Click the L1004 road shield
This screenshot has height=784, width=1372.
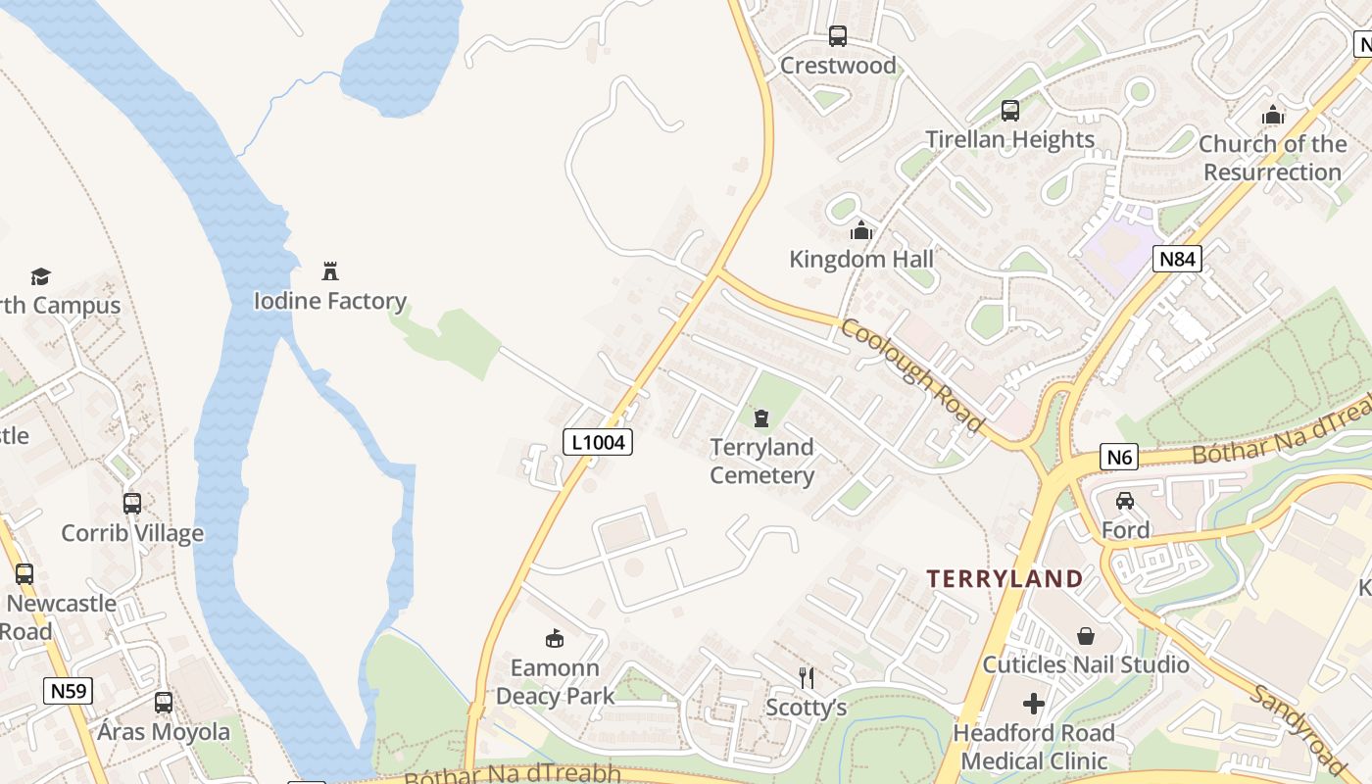pyautogui.click(x=598, y=442)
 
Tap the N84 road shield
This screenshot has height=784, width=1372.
pyautogui.click(x=1176, y=259)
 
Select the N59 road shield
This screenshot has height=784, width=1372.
pyautogui.click(x=69, y=691)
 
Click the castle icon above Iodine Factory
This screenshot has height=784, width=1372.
pyautogui.click(x=330, y=271)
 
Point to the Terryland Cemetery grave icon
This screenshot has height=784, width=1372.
pyautogui.click(x=761, y=418)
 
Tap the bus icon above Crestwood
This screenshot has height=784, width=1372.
pyautogui.click(x=837, y=36)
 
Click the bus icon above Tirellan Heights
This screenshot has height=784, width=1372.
pyautogui.click(x=1010, y=111)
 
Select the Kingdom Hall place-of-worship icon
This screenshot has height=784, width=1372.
pyautogui.click(x=861, y=230)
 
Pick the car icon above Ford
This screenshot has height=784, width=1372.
pyautogui.click(x=1125, y=501)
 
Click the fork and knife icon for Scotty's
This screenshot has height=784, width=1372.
pyautogui.click(x=807, y=677)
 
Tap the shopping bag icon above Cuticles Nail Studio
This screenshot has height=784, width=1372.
pyautogui.click(x=1085, y=636)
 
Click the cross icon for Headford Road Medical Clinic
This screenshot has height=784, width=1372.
pyautogui.click(x=1034, y=704)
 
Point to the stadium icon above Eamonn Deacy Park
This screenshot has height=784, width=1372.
pyautogui.click(x=555, y=639)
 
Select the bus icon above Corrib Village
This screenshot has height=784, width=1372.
pyautogui.click(x=132, y=504)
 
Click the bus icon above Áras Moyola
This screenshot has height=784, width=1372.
pyautogui.click(x=164, y=703)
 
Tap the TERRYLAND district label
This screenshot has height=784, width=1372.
pyautogui.click(x=1004, y=578)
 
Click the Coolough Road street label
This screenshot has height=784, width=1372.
pyautogui.click(x=911, y=375)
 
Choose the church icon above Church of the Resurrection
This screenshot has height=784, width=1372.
pyautogui.click(x=1273, y=116)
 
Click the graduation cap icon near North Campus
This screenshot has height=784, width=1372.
pyautogui.click(x=40, y=276)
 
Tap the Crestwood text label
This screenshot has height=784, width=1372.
pyautogui.click(x=838, y=66)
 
